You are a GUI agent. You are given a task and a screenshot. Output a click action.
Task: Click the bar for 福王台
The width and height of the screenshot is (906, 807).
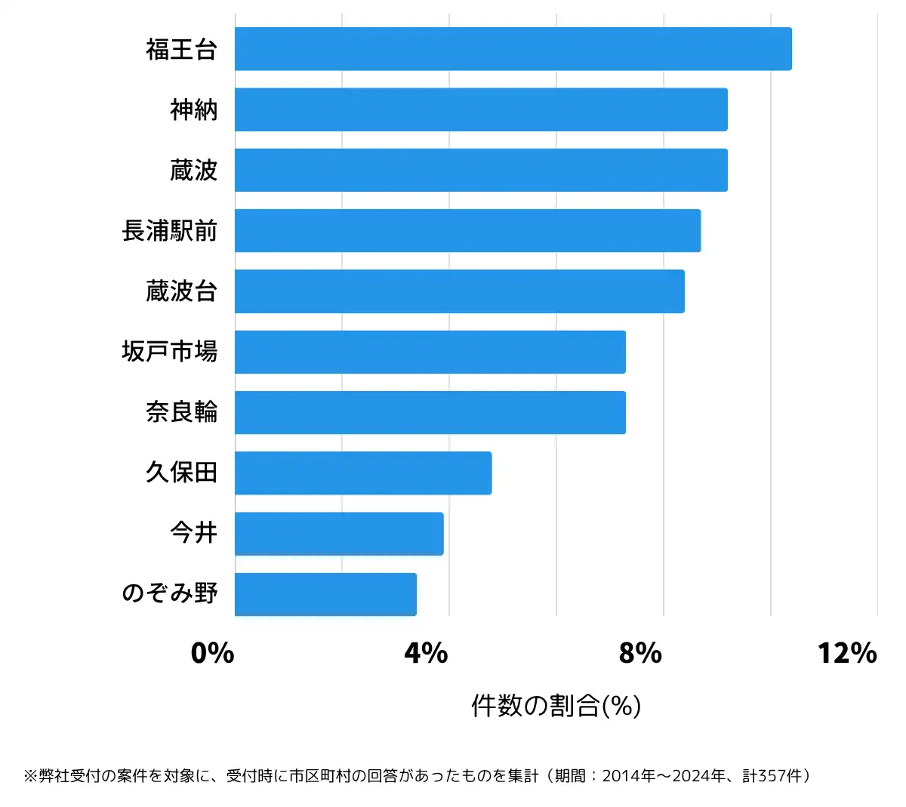click(513, 49)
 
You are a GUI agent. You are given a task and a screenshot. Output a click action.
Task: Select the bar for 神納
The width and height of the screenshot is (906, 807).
click(481, 109)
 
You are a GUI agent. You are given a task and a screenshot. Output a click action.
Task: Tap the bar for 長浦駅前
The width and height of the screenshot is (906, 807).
click(467, 230)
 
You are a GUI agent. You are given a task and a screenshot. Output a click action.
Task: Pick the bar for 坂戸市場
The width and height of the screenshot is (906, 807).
click(430, 352)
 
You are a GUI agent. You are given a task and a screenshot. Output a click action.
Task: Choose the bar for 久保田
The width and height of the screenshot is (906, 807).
click(363, 473)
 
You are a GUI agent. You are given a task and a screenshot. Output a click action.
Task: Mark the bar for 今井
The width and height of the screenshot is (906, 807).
click(339, 534)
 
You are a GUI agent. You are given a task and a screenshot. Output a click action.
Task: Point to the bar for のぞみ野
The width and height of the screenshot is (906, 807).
click(325, 594)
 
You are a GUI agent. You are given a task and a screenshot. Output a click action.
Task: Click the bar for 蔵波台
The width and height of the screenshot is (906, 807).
click(460, 291)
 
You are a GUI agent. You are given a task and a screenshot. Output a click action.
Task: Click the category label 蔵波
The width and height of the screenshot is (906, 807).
click(193, 171)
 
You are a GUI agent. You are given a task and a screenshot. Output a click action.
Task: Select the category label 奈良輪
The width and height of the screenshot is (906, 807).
click(181, 412)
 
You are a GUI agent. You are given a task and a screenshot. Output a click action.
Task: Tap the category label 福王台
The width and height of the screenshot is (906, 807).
click(181, 50)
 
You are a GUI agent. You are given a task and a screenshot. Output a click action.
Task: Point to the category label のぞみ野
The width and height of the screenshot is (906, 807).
click(170, 593)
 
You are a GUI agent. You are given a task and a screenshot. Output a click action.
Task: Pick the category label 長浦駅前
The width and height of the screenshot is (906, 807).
click(170, 231)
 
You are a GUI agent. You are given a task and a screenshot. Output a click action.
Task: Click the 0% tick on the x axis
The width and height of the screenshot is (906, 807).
click(213, 653)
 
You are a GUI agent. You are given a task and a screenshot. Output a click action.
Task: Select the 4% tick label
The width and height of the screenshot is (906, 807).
click(427, 653)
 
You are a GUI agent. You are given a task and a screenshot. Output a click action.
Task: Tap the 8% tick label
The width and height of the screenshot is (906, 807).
click(640, 653)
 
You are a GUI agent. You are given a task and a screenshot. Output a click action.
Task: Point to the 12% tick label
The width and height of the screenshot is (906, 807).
click(847, 653)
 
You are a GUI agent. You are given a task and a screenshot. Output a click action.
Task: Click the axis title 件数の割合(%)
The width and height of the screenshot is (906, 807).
click(556, 706)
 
